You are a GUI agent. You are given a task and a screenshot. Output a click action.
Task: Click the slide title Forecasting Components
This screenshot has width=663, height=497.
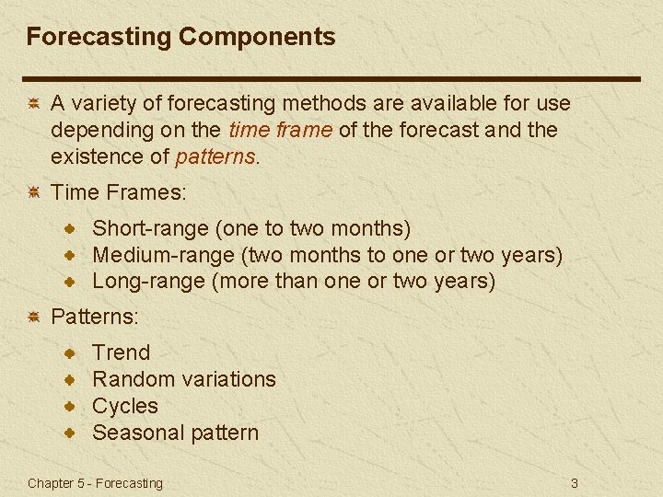point(180,37)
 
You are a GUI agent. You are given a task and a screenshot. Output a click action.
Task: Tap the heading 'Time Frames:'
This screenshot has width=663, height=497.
point(119,192)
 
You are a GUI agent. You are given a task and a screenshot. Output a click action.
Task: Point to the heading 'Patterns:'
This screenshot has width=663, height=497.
point(95,317)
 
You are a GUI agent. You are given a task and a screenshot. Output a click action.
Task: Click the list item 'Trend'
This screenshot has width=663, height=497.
point(122,352)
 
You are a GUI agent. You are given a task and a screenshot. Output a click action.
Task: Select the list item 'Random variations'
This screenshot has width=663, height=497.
point(184,378)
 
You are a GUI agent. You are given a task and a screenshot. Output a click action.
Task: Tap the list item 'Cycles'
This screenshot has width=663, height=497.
point(125,405)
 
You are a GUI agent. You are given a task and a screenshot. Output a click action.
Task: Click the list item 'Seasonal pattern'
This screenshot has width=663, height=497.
point(176,432)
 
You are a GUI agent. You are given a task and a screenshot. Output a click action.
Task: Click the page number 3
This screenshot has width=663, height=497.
point(574,483)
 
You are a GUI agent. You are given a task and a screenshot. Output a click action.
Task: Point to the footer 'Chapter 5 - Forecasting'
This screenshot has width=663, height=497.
point(95,483)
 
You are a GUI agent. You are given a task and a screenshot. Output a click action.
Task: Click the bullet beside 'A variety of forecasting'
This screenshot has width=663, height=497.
point(31,104)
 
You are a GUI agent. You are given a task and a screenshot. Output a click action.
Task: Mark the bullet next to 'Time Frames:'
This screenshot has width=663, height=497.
point(31,192)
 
